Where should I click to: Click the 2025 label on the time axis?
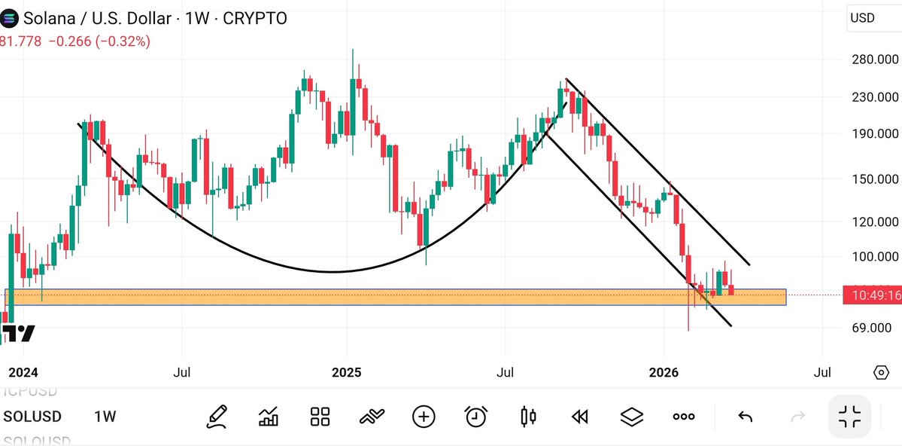[x=347, y=373]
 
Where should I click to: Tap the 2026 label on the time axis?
[x=664, y=373]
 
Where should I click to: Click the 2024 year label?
[x=23, y=373]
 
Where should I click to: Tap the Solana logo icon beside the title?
[x=11, y=19]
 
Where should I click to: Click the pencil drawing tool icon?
[x=217, y=416]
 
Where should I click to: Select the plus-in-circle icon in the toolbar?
[x=424, y=416]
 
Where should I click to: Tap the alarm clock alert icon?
[x=475, y=416]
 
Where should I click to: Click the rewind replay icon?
[x=579, y=416]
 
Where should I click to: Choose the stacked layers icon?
[x=632, y=416]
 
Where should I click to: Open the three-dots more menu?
[x=683, y=416]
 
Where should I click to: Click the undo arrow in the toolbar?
[x=745, y=416]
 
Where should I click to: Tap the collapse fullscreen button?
[x=849, y=416]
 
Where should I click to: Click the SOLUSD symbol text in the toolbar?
[x=32, y=417]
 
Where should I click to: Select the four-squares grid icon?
[x=320, y=416]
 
